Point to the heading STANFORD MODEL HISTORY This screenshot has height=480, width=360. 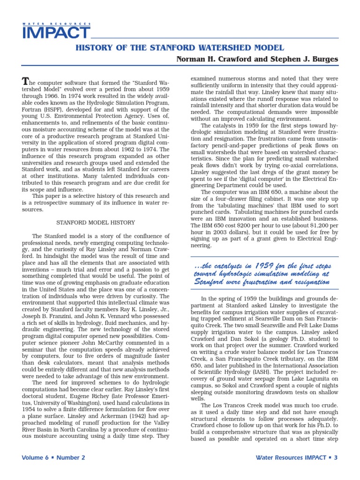point(96,223)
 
